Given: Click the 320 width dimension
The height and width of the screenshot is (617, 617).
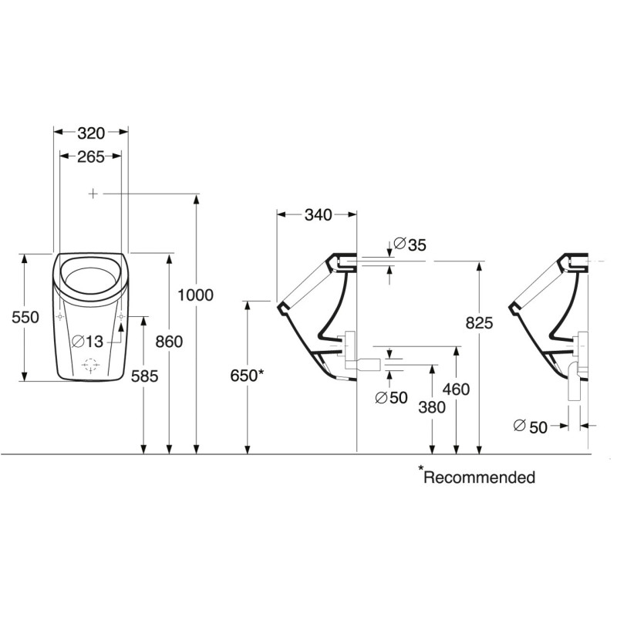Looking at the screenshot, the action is tap(91, 133).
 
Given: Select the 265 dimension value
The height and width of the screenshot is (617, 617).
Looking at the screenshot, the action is tap(91, 157).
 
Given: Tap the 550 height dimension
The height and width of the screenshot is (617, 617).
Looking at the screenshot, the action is tap(25, 317).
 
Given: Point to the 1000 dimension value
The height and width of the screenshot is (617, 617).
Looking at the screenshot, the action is tap(196, 295).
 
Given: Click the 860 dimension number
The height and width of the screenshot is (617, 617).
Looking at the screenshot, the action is tap(169, 342).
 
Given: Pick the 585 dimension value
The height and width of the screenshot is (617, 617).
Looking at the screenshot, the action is tap(144, 376).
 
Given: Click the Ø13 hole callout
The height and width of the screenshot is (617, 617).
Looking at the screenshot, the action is tap(87, 342).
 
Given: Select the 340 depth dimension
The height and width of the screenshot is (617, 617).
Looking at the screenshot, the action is tap(319, 215).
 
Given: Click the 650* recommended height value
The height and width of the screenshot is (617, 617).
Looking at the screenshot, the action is tap(247, 376).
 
